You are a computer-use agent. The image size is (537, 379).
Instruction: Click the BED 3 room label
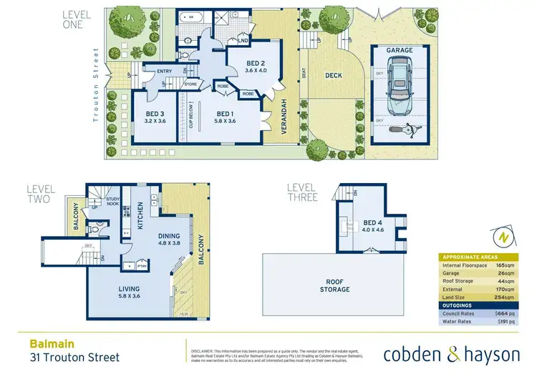pyautogui.click(x=155, y=114)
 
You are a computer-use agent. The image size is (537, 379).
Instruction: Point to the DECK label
pyautogui.click(x=334, y=74)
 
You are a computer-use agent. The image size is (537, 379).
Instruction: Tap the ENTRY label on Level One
pyautogui.click(x=164, y=71)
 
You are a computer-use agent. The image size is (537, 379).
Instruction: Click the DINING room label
pyautogui.click(x=169, y=237)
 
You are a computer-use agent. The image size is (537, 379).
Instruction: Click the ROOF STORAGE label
pyautogui.click(x=335, y=285)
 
